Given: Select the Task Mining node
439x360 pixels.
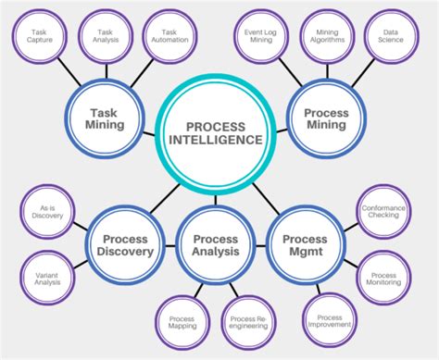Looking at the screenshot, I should point(107,118).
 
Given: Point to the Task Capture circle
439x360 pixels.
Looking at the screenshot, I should point(39,36).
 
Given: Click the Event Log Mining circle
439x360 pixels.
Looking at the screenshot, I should point(260,36).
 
